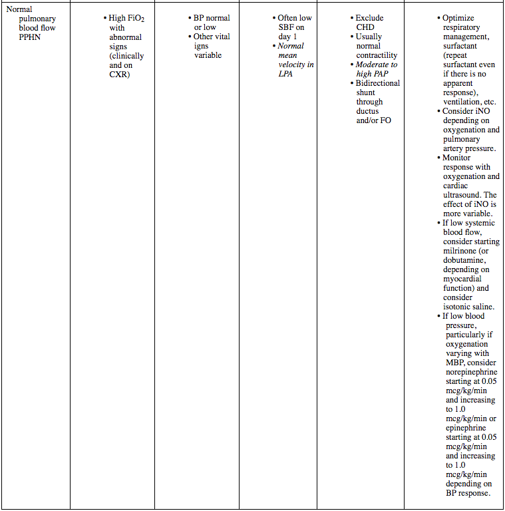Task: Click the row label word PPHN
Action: (31, 37)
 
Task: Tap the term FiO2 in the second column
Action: (134, 19)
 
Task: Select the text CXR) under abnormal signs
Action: (120, 75)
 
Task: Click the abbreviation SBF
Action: (287, 27)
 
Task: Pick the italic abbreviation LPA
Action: (286, 74)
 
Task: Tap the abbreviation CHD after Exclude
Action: (365, 27)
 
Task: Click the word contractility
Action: (377, 55)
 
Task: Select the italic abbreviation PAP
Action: (381, 74)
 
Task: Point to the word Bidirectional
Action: (378, 83)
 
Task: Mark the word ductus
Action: (369, 111)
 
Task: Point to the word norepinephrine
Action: (471, 372)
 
